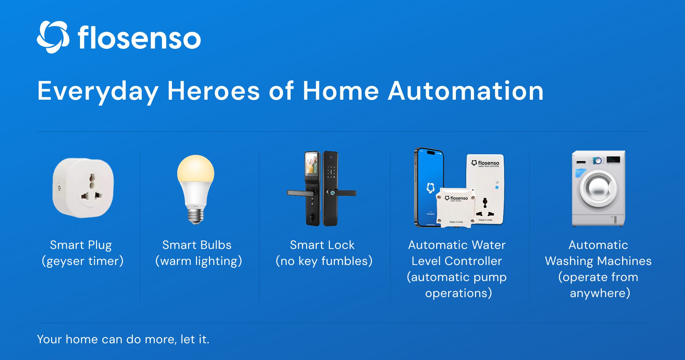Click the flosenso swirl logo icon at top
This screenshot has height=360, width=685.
click(53, 37)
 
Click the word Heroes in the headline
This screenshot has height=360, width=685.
click(213, 91)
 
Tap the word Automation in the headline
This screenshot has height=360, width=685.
click(466, 91)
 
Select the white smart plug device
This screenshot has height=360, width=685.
click(83, 188)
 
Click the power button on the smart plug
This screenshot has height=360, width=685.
click(59, 188)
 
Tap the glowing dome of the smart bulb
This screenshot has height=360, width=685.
click(196, 169)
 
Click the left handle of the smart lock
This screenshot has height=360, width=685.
click(300, 193)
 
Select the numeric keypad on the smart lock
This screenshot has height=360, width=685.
click(331, 172)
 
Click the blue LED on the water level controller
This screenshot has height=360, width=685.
click(497, 187)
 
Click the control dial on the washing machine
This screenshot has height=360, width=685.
click(597, 161)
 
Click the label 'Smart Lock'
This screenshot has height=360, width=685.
click(322, 245)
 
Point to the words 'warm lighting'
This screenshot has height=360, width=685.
click(199, 261)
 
